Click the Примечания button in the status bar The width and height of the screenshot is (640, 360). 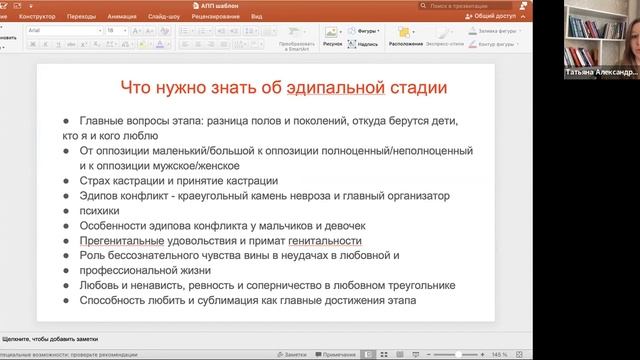coord(340,354)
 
